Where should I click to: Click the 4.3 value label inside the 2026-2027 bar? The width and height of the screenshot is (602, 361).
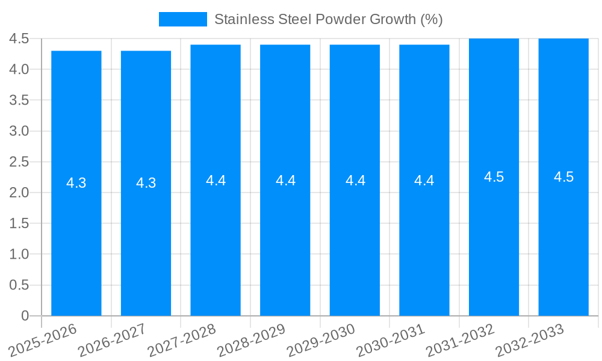pyautogui.click(x=146, y=183)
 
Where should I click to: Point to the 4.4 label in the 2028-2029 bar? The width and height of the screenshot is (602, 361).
pyautogui.click(x=285, y=180)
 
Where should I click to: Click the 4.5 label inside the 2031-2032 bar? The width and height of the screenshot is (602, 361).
pyautogui.click(x=494, y=177)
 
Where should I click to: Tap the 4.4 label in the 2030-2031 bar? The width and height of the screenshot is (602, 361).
pyautogui.click(x=424, y=180)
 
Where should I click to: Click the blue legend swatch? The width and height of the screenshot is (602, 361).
pyautogui.click(x=182, y=19)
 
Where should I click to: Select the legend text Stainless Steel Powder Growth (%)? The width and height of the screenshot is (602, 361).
pyautogui.click(x=329, y=19)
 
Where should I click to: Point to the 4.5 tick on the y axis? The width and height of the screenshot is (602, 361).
pyautogui.click(x=19, y=39)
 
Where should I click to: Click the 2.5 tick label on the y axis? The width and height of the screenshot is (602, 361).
pyautogui.click(x=19, y=162)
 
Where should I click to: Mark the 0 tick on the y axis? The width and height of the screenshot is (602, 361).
pyautogui.click(x=25, y=316)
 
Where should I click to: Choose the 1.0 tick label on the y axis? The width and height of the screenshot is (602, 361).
pyautogui.click(x=19, y=255)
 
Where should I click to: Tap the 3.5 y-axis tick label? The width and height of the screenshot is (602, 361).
pyautogui.click(x=19, y=100)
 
